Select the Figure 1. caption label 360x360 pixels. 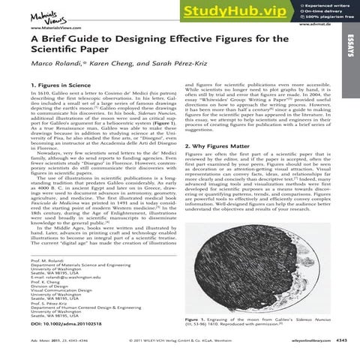[x=197, y=318]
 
